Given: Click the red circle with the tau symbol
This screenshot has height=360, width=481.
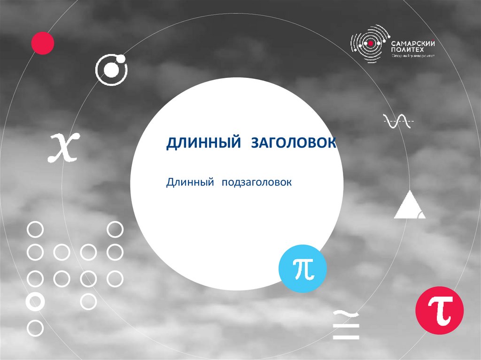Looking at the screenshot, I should pyautogui.click(x=440, y=310).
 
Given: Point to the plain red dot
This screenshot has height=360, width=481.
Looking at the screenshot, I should pyautogui.click(x=43, y=43).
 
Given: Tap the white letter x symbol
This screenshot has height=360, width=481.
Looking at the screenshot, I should pyautogui.click(x=64, y=147).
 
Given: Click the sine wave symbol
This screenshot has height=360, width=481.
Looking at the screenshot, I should pyautogui.click(x=399, y=122).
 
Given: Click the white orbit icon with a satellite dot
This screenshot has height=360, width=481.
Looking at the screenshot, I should pyautogui.click(x=111, y=70).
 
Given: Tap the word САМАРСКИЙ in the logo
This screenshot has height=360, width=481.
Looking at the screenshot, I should pyautogui.click(x=414, y=43).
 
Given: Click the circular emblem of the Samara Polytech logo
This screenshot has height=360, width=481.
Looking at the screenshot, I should pyautogui.click(x=371, y=43).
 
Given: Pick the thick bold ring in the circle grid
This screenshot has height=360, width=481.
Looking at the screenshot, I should pyautogui.click(x=35, y=301).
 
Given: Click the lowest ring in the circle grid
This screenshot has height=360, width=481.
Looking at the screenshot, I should pyautogui.click(x=35, y=328).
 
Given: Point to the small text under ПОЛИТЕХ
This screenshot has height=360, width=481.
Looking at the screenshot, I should pyautogui.click(x=413, y=56).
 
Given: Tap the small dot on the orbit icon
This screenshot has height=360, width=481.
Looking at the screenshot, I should pyautogui.click(x=120, y=59).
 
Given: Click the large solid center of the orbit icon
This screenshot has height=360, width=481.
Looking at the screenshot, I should pyautogui.click(x=111, y=70).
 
